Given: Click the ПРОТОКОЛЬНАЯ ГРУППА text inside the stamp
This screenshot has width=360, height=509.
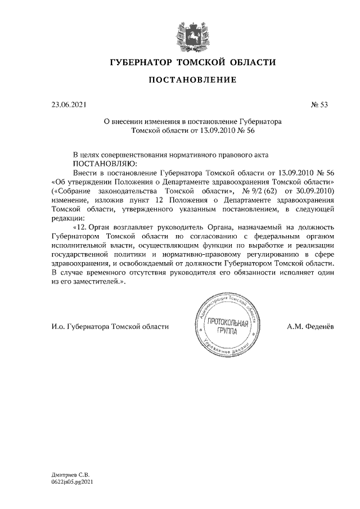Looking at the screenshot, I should click(x=228, y=326).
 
